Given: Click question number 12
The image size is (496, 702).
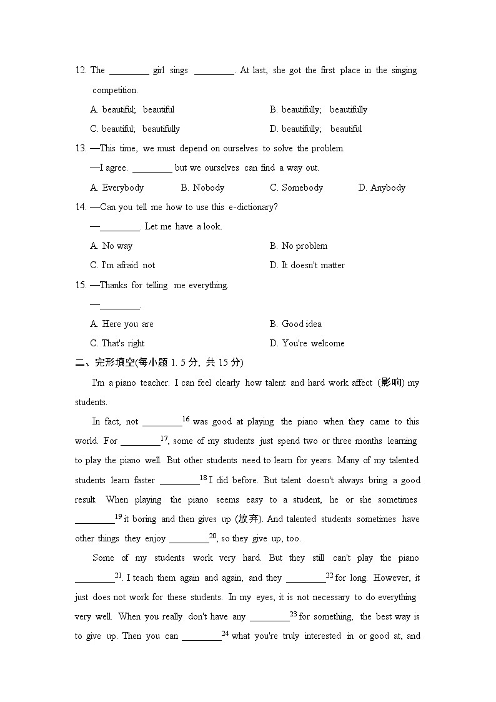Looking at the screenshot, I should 81,71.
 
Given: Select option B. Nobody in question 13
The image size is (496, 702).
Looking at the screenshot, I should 202,188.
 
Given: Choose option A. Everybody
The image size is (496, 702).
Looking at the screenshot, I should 117,188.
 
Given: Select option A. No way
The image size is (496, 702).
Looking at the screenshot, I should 111,246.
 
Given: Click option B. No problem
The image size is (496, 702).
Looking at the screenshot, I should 298,246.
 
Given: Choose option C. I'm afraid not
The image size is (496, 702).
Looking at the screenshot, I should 122,266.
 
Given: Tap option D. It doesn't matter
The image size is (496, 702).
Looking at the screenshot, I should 307,266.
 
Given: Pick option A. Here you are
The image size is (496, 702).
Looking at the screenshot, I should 121,324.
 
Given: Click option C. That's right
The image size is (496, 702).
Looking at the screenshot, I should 117,343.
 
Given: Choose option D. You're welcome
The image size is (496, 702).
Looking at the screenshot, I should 307,343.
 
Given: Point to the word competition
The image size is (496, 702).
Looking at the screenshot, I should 115,90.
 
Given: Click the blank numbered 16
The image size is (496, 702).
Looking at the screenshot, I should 162,423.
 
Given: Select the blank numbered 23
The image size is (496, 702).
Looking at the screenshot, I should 269,618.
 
